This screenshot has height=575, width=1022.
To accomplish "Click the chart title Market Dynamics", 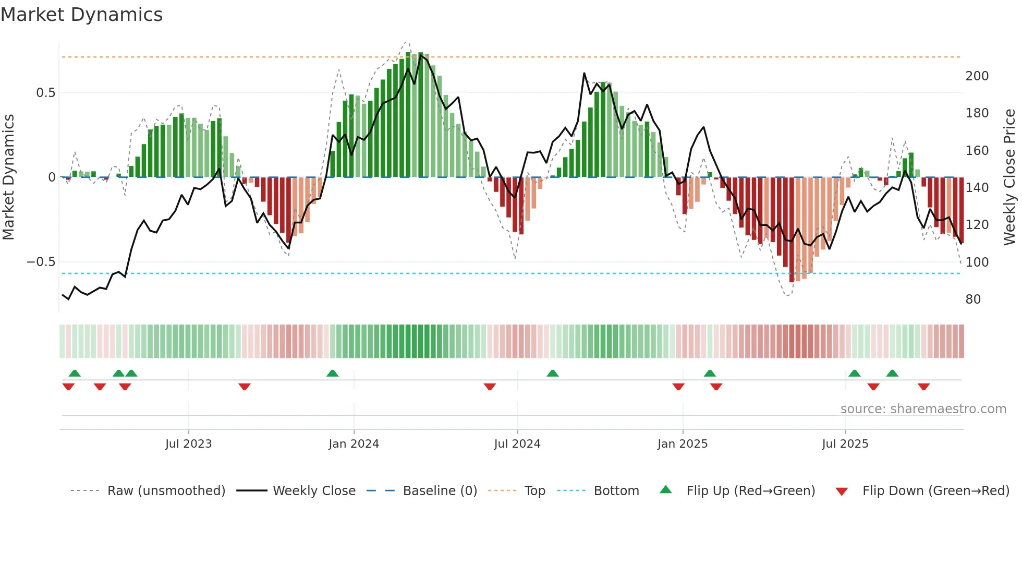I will [81, 15].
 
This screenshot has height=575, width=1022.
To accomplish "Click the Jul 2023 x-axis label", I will [188, 444].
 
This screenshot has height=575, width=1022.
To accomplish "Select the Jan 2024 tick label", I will [354, 444].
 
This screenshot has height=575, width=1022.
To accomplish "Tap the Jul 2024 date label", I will [517, 444].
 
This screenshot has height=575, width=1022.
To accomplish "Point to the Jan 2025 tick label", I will [682, 444].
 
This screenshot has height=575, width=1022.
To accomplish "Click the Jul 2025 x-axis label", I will [845, 444].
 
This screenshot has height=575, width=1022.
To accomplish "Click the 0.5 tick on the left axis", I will [45, 93].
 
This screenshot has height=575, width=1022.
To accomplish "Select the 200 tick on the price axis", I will [977, 76].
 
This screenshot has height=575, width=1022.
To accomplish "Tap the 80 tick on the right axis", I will [973, 300].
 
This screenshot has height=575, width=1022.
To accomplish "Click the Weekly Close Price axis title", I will [1009, 177].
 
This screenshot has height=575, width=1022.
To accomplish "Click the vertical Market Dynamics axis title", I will [8, 177].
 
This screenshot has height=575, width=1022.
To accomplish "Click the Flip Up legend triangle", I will [666, 490].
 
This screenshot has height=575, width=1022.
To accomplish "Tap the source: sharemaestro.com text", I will [923, 409].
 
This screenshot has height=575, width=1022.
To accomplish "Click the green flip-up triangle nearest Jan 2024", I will [332, 373].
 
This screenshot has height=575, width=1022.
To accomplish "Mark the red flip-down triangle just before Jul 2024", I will [489, 387].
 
